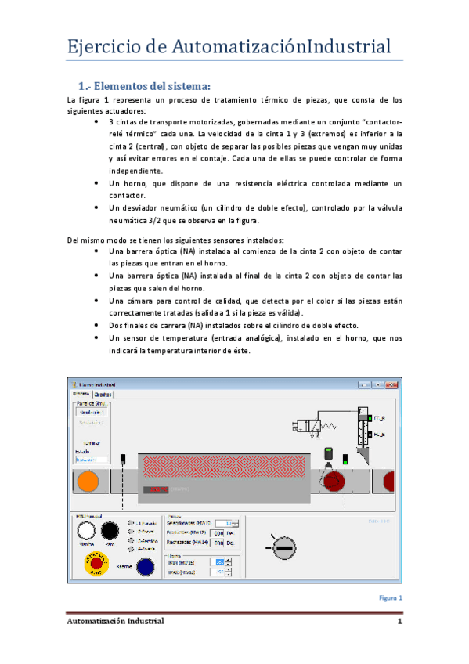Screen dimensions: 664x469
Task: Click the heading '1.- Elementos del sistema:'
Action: click(144, 85)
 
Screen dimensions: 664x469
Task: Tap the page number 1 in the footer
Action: click(399, 622)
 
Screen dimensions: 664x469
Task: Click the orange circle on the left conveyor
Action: click(88, 482)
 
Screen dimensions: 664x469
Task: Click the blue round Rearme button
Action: click(144, 566)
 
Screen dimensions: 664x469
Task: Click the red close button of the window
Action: click(393, 384)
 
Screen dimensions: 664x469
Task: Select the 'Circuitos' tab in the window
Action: click(102, 395)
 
